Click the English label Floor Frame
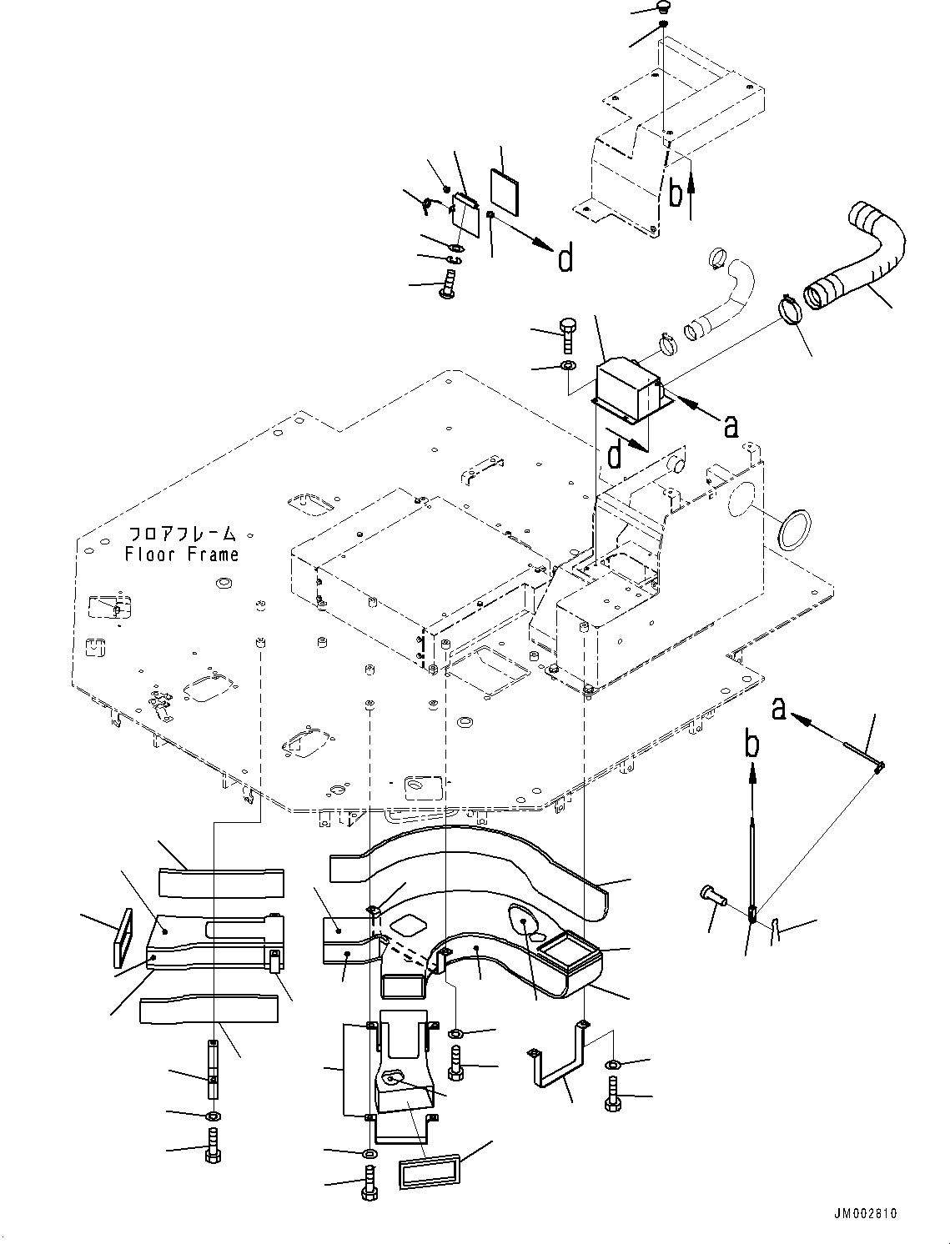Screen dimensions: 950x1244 click(x=181, y=554)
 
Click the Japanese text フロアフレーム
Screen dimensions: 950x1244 click(x=182, y=534)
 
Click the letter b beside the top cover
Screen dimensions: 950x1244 click(x=675, y=193)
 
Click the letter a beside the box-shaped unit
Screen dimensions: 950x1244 click(x=731, y=426)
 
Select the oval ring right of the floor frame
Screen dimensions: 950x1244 click(x=795, y=529)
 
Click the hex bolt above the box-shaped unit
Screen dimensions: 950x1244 click(x=567, y=336)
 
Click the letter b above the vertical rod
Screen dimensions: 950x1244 click(x=751, y=745)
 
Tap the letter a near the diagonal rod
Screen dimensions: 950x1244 click(x=779, y=709)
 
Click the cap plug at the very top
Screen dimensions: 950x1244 click(x=662, y=7)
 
